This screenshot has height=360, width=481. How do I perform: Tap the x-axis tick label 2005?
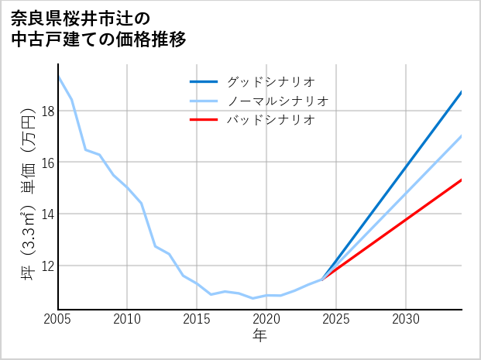click(58, 319)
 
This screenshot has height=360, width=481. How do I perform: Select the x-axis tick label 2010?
click(127, 319)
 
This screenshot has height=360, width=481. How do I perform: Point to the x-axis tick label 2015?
click(197, 319)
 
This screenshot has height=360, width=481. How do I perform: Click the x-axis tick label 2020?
click(266, 319)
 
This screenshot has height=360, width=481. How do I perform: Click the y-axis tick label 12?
click(46, 266)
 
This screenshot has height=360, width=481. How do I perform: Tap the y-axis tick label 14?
click(46, 214)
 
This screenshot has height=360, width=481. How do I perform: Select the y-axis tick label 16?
click(46, 163)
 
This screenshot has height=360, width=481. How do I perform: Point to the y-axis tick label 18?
click(46, 111)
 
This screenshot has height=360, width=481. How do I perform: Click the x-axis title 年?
click(259, 335)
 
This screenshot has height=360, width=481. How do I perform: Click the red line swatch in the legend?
click(204, 120)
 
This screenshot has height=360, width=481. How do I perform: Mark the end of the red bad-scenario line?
click(462, 180)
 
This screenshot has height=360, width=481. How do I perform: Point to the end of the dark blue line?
click(462, 92)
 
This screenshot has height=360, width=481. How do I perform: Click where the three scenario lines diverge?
click(322, 279)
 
